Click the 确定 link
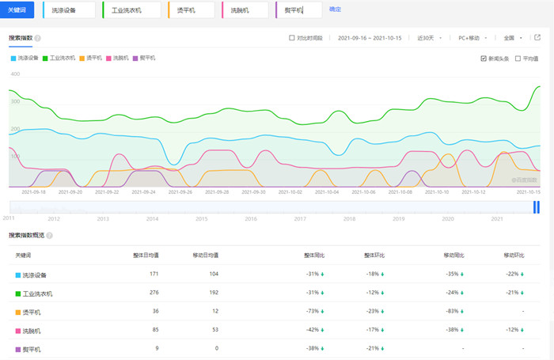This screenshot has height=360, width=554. point(336,9)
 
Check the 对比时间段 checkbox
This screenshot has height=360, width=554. point(292,37)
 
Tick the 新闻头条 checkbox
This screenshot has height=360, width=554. point(484,58)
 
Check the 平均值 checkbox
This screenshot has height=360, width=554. point(518,58)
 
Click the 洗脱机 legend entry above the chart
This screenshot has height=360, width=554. point(117,58)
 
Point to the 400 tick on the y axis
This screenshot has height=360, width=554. point(14,74)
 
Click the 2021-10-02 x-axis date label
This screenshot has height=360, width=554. point(289,191)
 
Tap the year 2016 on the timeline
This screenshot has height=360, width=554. point(251,218)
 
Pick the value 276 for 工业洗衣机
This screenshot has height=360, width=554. point(154,294)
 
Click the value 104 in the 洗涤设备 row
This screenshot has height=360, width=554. point(214,275)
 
